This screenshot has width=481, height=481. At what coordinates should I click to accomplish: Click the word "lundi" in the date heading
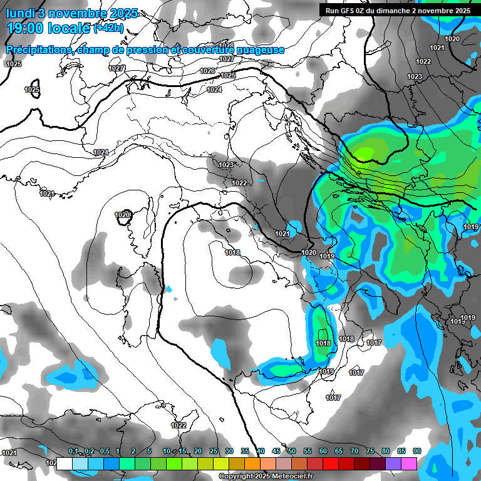pos(20,13)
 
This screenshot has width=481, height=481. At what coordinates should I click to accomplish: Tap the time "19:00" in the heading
pos(27,28)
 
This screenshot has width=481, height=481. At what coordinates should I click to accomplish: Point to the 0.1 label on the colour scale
pos(73,452)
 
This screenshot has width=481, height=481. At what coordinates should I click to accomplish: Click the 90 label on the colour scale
pos(417,452)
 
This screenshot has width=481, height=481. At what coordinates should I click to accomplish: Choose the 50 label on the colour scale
pos(292,452)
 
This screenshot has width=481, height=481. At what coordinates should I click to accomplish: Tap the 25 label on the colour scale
pos(214,452)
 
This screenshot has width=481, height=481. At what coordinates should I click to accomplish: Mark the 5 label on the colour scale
pos(149,452)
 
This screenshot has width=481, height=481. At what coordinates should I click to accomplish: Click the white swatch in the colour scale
pos(64,463)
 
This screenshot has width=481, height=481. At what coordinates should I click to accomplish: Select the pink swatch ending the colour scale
pos(409,463)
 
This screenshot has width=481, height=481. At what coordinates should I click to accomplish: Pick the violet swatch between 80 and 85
pos(393,463)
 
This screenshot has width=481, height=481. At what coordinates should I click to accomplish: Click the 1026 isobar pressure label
pos(207,71)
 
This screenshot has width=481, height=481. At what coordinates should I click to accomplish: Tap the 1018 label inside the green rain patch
pos(323,343)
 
